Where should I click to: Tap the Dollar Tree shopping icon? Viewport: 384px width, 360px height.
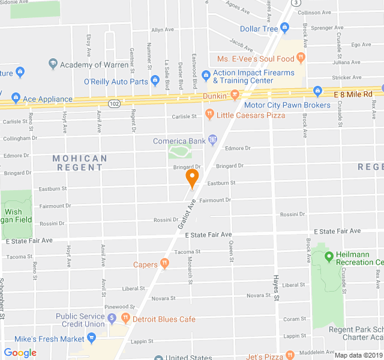[x=284, y=28]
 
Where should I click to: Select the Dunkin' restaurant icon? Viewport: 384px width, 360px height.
[x=235, y=95]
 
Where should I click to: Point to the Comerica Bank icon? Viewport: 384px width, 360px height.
[x=212, y=141]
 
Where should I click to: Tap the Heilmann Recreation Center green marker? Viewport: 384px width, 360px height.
[x=328, y=257]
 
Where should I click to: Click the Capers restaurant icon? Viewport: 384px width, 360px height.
[x=164, y=264]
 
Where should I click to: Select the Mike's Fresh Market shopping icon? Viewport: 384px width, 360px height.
[x=91, y=339]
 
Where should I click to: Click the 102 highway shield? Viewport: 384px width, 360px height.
[x=114, y=103]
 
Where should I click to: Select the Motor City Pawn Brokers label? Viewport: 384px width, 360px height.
[x=287, y=105]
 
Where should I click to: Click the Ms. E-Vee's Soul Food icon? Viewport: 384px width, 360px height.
[x=301, y=58]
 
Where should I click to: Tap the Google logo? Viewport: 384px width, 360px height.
[x=20, y=353]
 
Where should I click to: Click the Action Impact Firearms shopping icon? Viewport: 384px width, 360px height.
[x=206, y=75]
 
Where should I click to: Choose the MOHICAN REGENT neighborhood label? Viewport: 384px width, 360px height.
[x=80, y=163]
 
